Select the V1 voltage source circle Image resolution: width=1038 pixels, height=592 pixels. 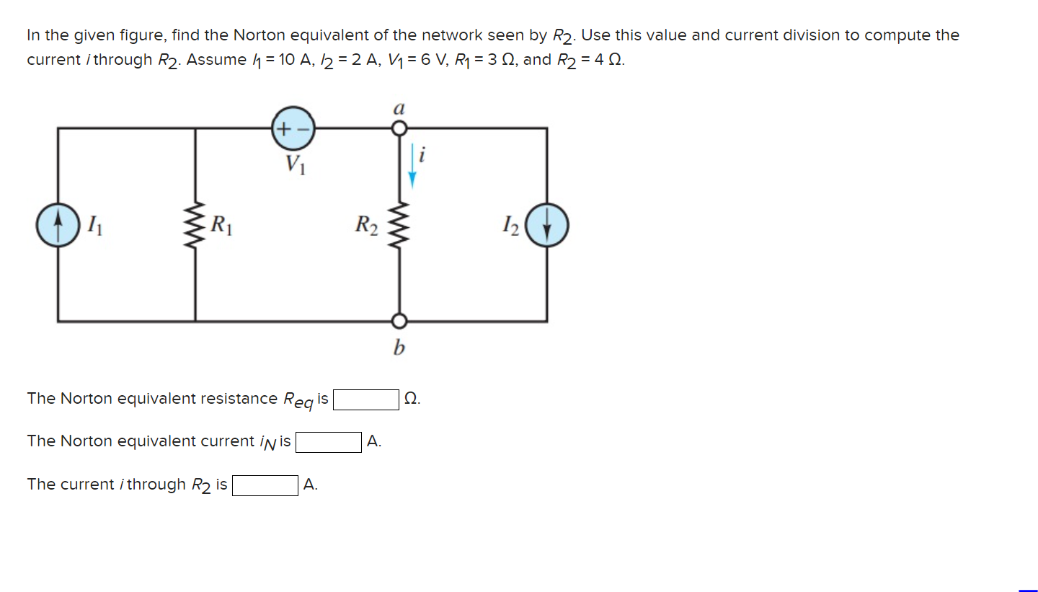[293, 129]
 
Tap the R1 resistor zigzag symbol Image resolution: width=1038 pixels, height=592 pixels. [195, 225]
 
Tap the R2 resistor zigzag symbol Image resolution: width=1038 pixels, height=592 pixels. [399, 225]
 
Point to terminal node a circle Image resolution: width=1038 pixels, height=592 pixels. [399, 128]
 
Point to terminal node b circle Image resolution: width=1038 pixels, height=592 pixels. [399, 321]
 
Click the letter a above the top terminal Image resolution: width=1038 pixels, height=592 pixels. [399, 108]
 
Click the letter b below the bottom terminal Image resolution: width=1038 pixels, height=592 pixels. [399, 349]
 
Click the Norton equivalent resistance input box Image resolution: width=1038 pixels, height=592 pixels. [366, 399]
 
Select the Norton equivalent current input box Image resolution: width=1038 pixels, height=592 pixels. [329, 441]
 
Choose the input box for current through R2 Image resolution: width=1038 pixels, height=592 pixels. [265, 485]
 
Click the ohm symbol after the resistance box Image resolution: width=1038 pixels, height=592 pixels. [411, 399]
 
